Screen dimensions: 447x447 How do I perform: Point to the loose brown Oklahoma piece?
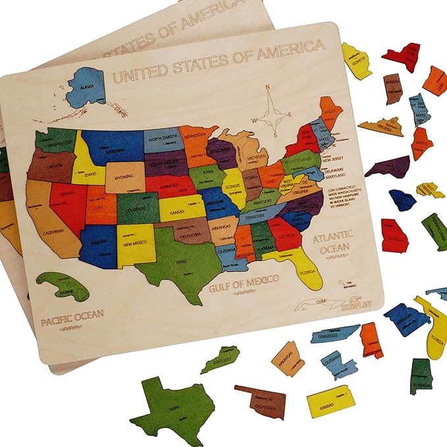pos(263,400)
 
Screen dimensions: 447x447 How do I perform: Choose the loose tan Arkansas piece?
pos(288,358)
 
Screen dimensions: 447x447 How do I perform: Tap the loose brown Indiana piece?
pos(392,88)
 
